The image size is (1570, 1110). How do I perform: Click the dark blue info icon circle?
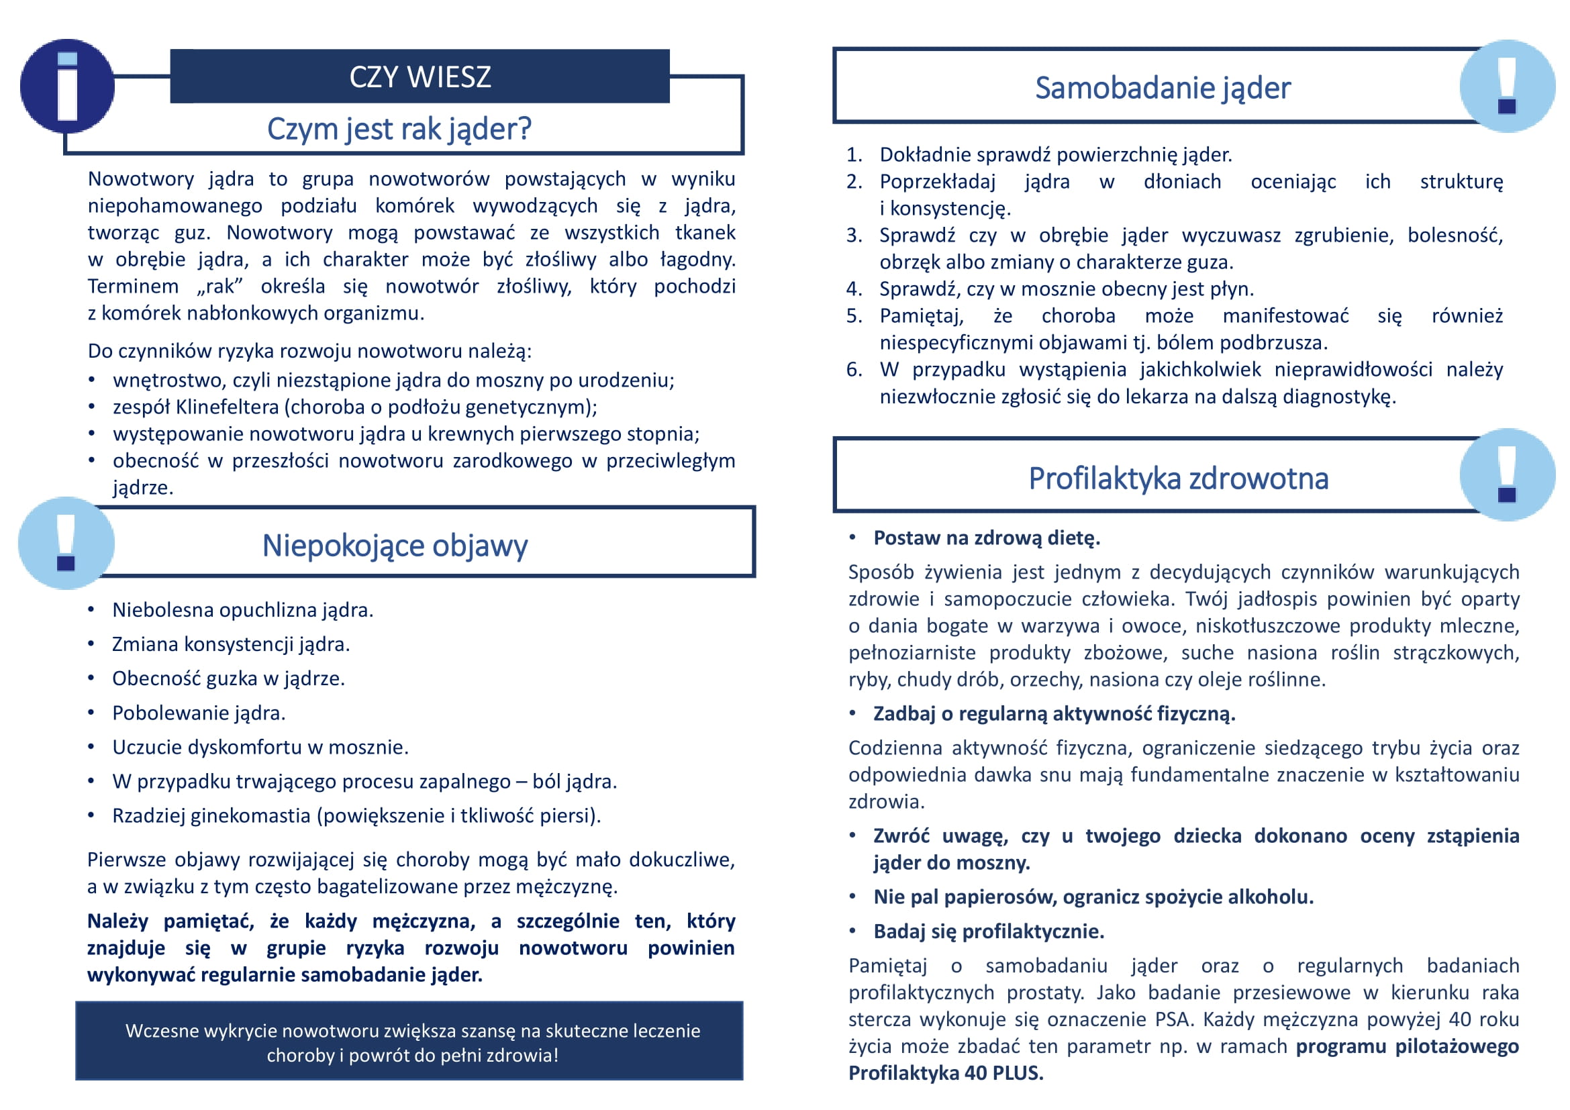pos(67,86)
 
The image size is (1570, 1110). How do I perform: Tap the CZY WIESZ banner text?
pos(420,77)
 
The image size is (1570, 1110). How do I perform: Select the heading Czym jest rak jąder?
pos(399,128)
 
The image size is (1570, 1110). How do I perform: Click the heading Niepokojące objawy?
pos(395,546)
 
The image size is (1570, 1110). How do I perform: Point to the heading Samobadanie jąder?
pos(1163,87)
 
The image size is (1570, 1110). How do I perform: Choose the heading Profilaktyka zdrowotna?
pos(1178,478)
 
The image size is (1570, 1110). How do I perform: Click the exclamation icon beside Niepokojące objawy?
pos(66,544)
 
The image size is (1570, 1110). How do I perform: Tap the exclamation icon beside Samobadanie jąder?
pos(1507,86)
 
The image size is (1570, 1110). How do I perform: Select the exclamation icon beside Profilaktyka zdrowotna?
pos(1507,475)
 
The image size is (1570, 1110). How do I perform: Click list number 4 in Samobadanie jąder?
pos(854,289)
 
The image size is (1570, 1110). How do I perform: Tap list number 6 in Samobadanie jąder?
pos(854,370)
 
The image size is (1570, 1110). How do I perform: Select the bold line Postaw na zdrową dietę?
pos(986,538)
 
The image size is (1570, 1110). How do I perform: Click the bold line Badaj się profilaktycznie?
pos(989,931)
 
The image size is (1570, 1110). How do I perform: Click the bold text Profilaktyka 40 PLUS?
pos(946,1073)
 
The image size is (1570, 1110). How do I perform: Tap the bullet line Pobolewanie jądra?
pos(198,713)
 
